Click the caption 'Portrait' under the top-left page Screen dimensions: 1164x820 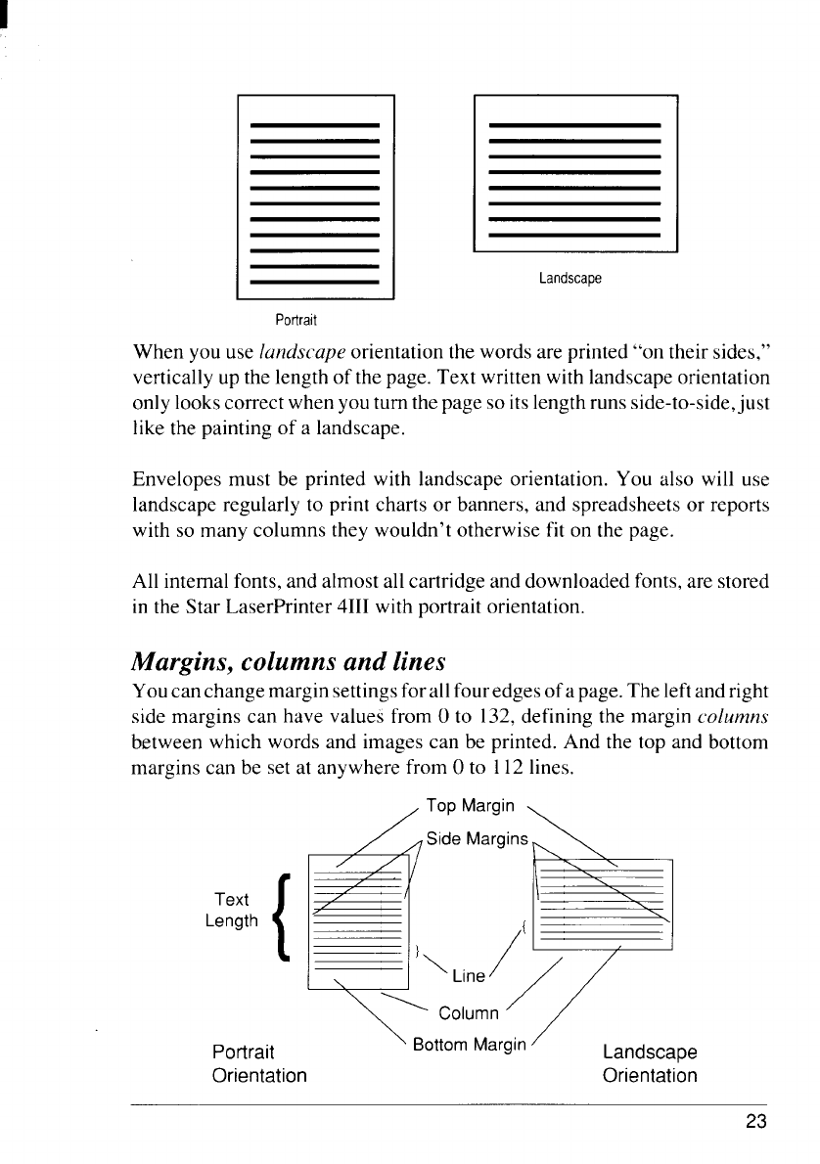[296, 321]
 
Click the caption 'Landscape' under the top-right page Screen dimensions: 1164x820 [569, 279]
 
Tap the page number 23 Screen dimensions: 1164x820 [755, 1121]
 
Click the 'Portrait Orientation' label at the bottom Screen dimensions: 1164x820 [259, 1064]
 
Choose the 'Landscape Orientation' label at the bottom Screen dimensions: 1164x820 [650, 1064]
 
